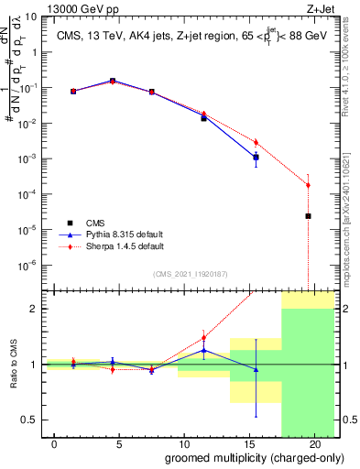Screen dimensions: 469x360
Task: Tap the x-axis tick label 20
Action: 316,444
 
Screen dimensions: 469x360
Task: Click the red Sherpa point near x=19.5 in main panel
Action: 308,185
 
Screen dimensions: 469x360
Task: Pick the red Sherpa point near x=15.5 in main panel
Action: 256,142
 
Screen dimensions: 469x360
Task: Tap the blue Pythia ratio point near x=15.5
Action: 256,369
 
